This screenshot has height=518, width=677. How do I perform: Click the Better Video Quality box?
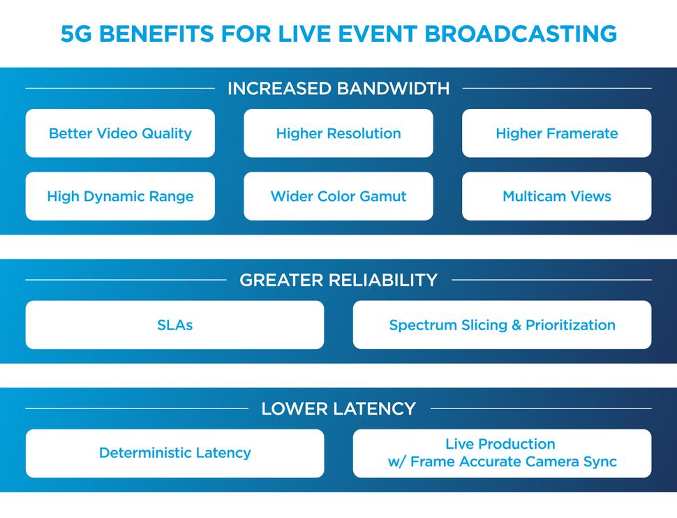point(120,133)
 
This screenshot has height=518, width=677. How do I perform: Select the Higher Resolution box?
point(338,133)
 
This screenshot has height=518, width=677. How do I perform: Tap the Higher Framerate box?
point(556,133)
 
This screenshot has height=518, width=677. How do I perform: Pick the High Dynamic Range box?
point(120,196)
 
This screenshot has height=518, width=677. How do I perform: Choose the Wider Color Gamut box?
point(338,196)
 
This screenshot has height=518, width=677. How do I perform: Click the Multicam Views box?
point(556,196)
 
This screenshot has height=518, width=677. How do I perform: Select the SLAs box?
point(174,325)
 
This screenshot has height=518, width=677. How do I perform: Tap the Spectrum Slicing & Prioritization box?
point(502,325)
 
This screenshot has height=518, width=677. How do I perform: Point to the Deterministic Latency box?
point(174,453)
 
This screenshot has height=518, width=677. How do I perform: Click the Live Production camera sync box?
point(502,453)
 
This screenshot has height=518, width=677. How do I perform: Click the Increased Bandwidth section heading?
point(338,89)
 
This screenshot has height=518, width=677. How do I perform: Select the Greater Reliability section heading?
point(338,280)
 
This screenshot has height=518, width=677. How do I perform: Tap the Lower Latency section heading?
point(338,408)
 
